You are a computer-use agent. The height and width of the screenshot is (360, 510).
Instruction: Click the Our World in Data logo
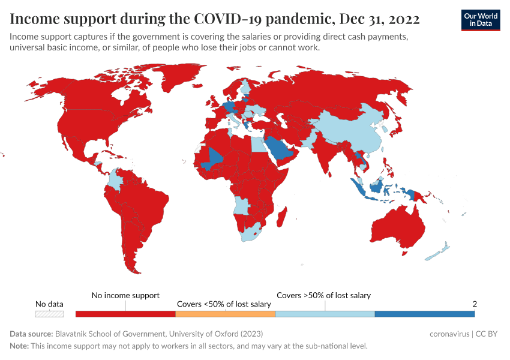click(480, 19)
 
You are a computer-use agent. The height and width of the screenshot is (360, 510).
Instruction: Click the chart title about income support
click(215, 19)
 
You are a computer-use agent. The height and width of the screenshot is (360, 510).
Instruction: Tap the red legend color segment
click(125, 314)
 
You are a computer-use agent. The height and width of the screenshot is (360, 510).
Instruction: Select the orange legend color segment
click(225, 314)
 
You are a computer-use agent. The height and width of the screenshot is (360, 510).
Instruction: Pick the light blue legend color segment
click(325, 314)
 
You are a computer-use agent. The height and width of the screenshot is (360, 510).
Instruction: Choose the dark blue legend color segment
click(424, 314)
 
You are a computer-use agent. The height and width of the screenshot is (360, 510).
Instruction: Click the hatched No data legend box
click(49, 314)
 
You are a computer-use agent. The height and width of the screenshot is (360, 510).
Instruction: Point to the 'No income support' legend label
click(125, 295)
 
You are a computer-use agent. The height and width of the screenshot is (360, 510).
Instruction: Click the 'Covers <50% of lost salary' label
click(224, 304)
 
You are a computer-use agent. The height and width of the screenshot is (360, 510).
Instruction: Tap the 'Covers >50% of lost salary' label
click(323, 295)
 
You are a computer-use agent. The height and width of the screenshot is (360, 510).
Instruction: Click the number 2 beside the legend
click(475, 304)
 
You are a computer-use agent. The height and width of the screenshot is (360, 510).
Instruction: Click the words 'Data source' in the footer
click(30, 334)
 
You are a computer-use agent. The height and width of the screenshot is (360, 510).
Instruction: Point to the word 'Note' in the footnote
click(19, 346)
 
